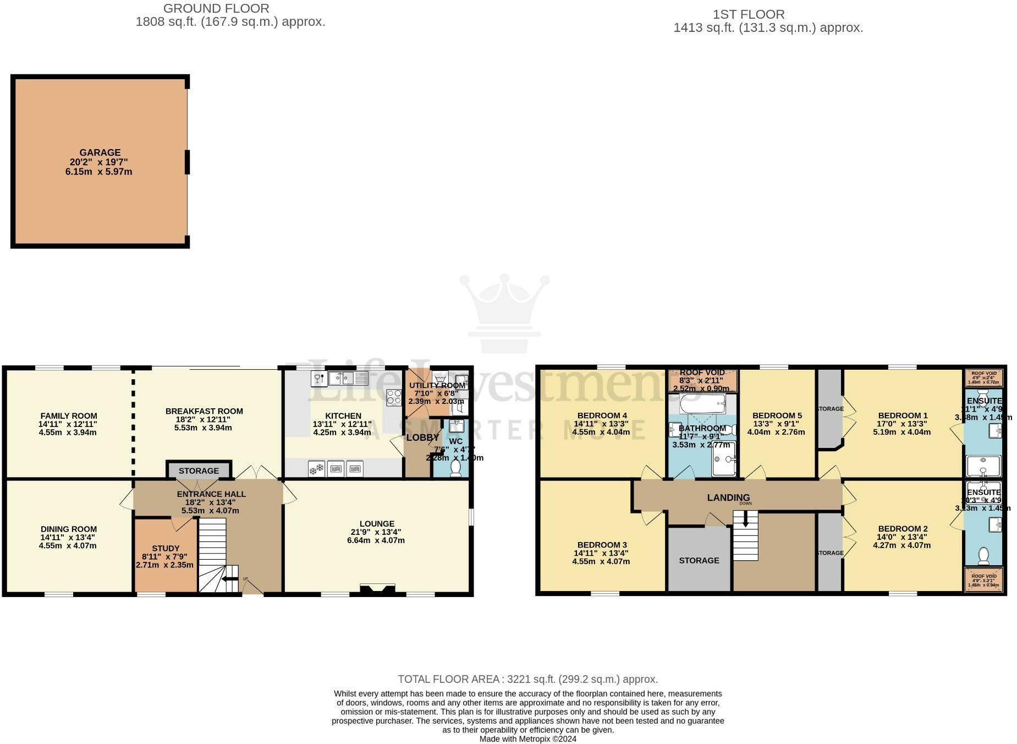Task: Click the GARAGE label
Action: pyautogui.click(x=100, y=152)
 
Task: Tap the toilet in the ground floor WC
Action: pyautogui.click(x=455, y=468)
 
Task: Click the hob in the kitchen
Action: pyautogui.click(x=394, y=397)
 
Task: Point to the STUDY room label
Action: pyautogui.click(x=166, y=548)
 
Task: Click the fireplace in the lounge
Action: pyautogui.click(x=377, y=589)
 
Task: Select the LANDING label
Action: pyautogui.click(x=728, y=497)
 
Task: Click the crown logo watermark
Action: pyautogui.click(x=504, y=311)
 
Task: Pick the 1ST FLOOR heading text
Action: pyautogui.click(x=749, y=14)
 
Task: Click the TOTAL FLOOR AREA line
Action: pyautogui.click(x=527, y=679)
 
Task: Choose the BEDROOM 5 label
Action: pyautogui.click(x=777, y=415)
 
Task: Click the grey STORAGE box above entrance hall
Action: pyautogui.click(x=199, y=471)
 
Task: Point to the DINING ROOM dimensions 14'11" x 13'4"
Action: pyautogui.click(x=68, y=537)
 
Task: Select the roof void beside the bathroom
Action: pyautogui.click(x=702, y=380)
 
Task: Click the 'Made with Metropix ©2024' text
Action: pyautogui.click(x=527, y=739)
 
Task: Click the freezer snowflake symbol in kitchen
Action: pyautogui.click(x=316, y=469)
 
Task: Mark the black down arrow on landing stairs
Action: pyautogui.click(x=745, y=519)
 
